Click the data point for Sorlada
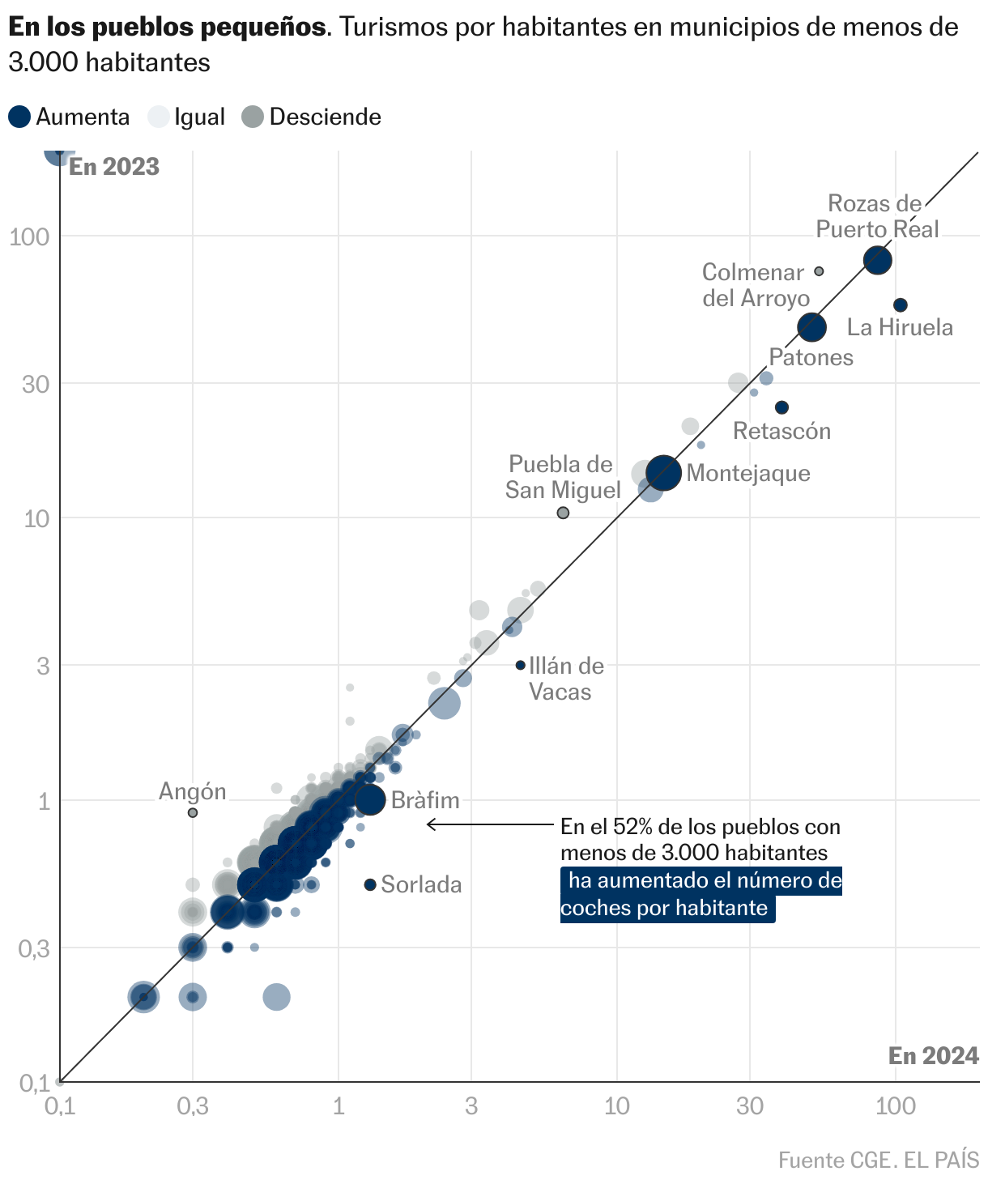point(370,884)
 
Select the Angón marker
point(193,812)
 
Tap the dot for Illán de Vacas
point(521,665)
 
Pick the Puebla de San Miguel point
point(563,513)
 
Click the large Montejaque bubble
point(664,473)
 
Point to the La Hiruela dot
point(900,305)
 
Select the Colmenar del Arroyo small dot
point(819,271)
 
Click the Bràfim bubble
point(370,800)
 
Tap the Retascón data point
point(781,407)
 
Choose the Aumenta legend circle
point(20,117)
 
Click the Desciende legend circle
point(253,117)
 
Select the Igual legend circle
point(159,117)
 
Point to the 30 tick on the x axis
point(750,1105)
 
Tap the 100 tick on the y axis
point(30,236)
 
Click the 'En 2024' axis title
point(933,1055)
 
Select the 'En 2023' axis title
point(114,167)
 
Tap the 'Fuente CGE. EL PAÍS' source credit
point(879,1160)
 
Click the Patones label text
point(811,357)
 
